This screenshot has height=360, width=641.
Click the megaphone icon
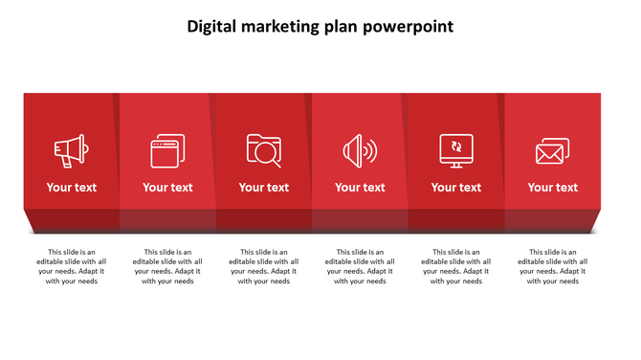(71, 151)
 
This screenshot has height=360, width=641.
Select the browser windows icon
(167, 151)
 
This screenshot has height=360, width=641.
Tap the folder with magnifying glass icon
(264, 150)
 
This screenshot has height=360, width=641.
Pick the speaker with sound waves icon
(360, 151)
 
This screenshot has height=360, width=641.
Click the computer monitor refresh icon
(456, 150)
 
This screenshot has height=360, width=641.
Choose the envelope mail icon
(552, 151)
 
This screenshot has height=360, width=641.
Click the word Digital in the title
(215, 27)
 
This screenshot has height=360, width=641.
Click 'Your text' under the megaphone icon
(72, 188)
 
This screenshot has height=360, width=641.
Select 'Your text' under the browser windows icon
(167, 188)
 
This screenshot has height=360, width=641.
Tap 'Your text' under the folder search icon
(264, 188)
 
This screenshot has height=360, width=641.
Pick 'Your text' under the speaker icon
(360, 188)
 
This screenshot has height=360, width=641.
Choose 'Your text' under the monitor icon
(456, 188)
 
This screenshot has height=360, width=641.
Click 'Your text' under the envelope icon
(553, 188)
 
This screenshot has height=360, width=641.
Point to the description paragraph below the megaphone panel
(72, 266)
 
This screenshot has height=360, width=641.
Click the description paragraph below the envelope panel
(553, 266)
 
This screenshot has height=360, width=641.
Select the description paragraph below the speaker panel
(360, 266)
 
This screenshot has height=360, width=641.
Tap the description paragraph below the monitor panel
(456, 266)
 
